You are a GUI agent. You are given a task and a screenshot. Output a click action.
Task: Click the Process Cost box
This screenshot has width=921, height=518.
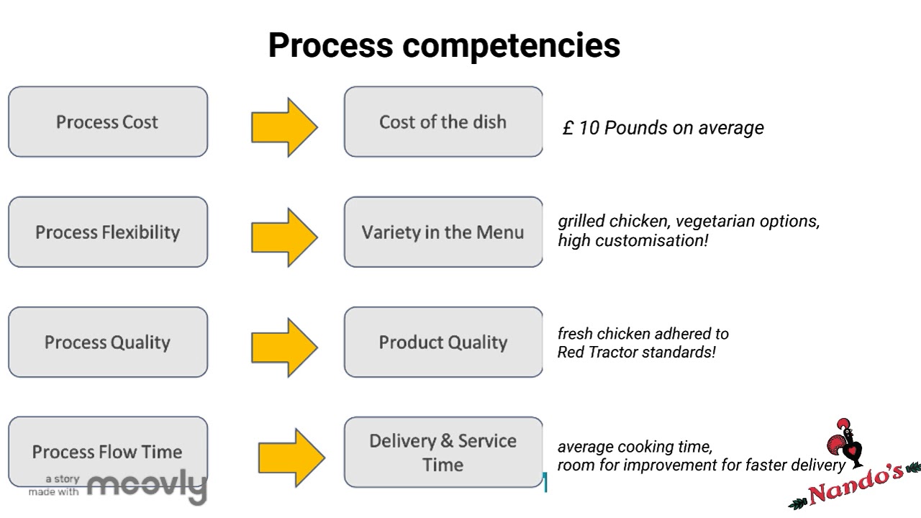108,122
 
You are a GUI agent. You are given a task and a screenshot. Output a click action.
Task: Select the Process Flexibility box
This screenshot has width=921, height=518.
108,232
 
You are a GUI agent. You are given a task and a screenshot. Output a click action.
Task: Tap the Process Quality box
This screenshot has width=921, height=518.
108,342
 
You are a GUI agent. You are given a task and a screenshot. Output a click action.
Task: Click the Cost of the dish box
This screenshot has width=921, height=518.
443,122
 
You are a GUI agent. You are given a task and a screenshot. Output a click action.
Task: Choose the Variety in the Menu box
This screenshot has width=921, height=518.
443,232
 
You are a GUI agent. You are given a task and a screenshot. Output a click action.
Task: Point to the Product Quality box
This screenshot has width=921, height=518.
443,342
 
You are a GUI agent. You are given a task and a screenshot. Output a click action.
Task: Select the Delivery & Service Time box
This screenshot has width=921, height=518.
443,452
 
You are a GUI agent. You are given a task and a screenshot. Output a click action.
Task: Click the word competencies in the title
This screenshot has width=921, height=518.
511,45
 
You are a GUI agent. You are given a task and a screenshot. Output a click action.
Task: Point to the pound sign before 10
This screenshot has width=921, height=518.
568,128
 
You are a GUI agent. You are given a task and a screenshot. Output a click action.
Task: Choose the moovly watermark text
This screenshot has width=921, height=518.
147,486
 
